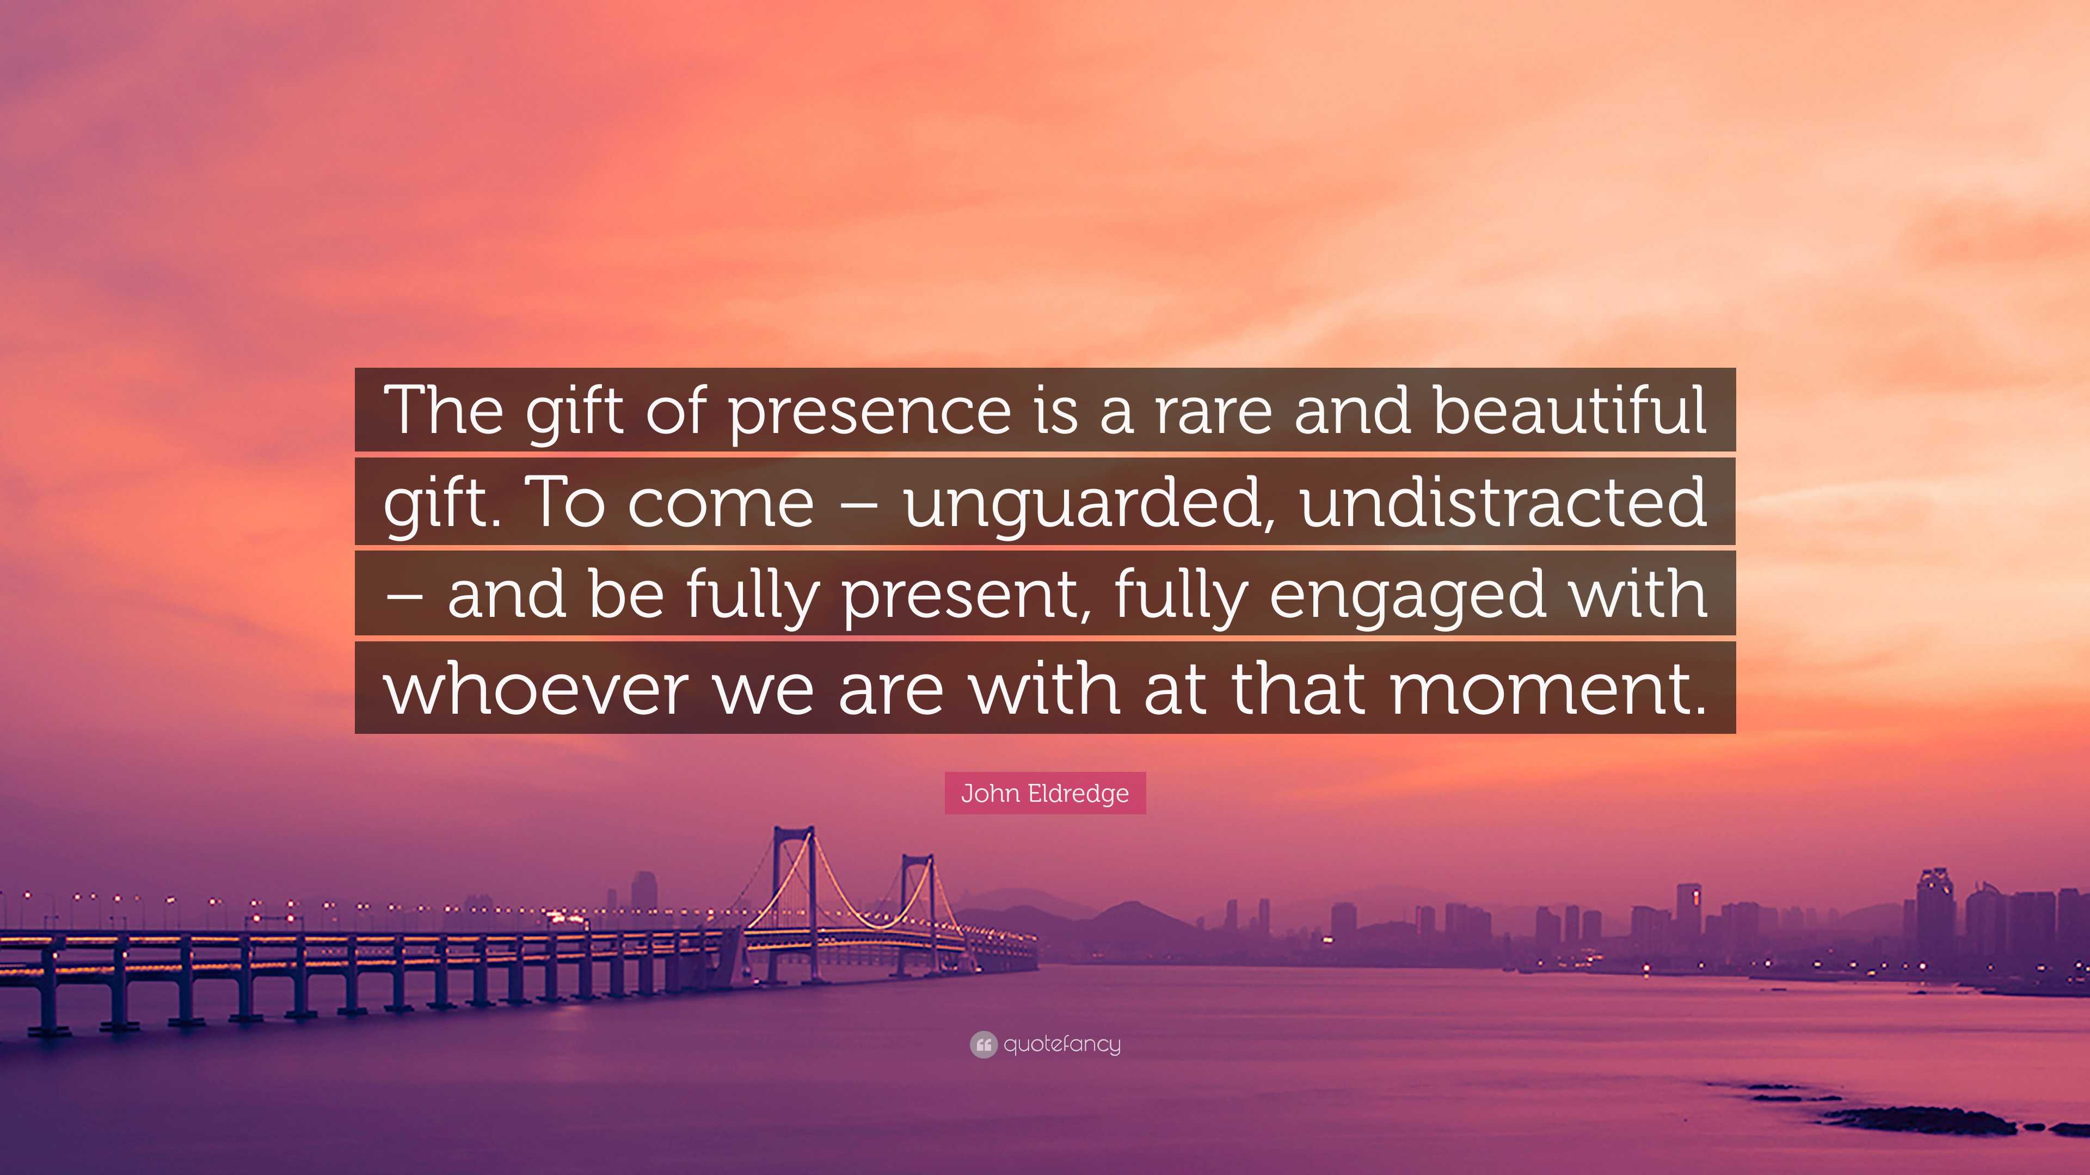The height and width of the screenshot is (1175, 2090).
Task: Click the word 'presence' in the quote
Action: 868,411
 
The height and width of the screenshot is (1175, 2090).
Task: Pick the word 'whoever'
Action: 536,689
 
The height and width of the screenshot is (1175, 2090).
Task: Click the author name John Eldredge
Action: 1045,793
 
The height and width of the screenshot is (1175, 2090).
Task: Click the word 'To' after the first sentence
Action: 567,502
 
